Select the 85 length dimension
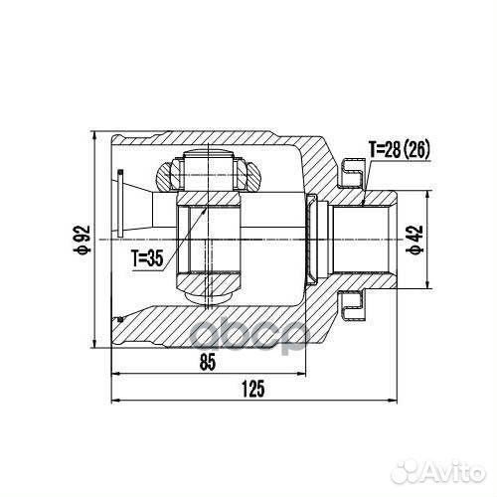click(x=208, y=363)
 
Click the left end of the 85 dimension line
click(x=114, y=374)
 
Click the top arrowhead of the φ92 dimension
click(x=94, y=133)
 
